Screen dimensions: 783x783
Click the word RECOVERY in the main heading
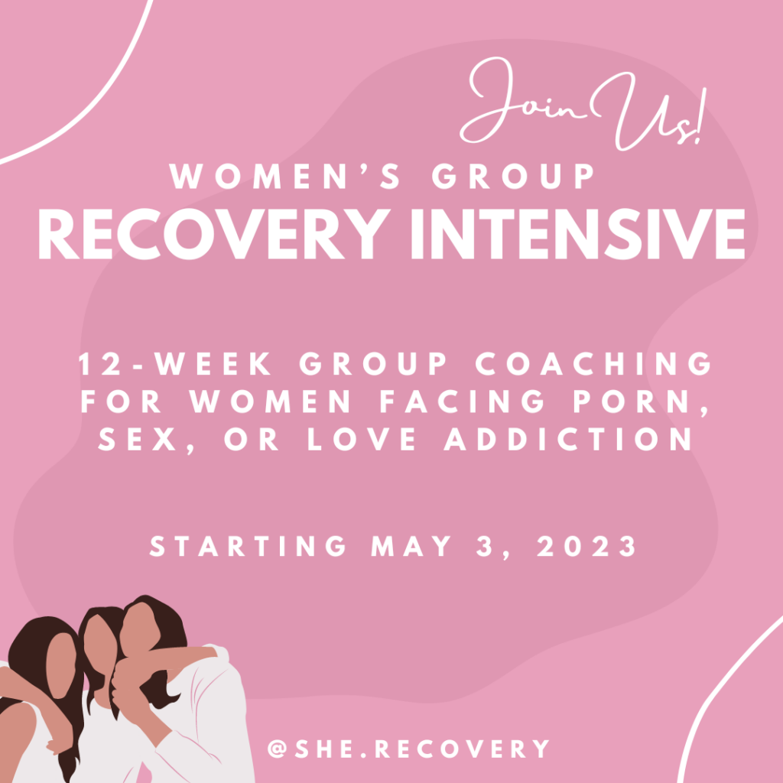(214, 234)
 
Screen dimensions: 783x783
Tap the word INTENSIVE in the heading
(578, 234)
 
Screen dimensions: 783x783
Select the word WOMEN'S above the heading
(284, 177)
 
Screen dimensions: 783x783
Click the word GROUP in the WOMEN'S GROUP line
(513, 177)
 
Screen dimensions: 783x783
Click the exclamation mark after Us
(700, 116)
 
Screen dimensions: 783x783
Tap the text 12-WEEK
(175, 363)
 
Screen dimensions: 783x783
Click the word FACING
(462, 401)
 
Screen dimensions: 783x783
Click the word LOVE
(361, 439)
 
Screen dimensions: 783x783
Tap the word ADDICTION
(568, 439)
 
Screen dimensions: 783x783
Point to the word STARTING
(248, 546)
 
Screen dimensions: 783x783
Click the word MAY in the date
(411, 546)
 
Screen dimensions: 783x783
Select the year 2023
(586, 546)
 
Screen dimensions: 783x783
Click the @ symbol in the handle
(277, 749)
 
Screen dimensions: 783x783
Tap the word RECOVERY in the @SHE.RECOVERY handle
(463, 749)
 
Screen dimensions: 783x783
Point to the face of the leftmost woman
(61, 665)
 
